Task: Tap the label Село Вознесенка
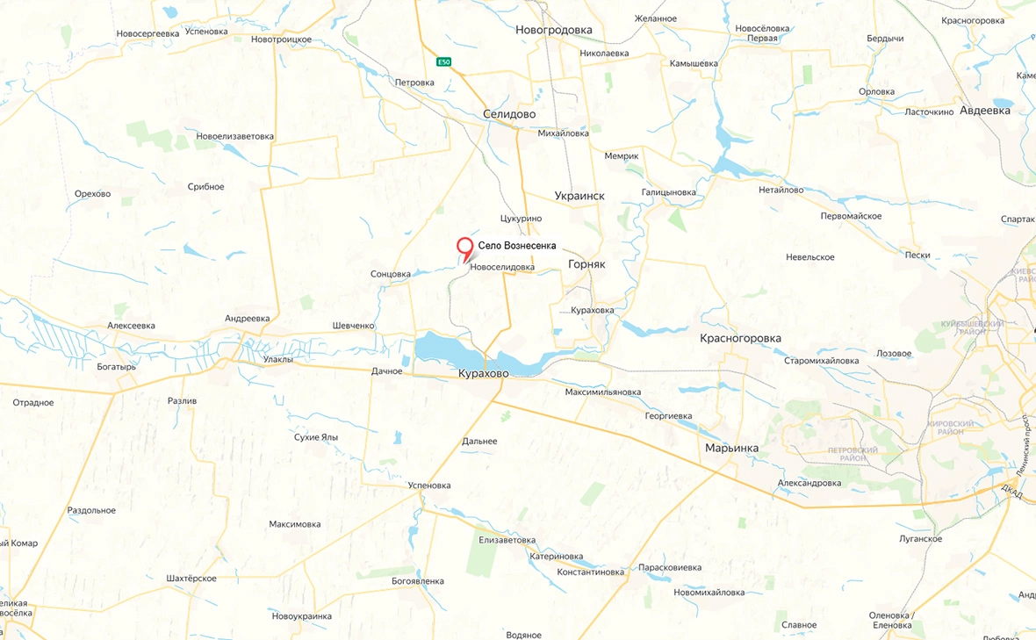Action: click(517, 246)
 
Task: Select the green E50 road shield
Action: click(444, 61)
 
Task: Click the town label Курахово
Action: click(483, 373)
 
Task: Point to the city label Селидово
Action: click(509, 114)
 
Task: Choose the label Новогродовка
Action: click(554, 30)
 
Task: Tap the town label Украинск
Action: click(579, 196)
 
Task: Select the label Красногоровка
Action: click(740, 338)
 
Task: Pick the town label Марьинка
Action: click(731, 448)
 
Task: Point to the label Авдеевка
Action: click(985, 111)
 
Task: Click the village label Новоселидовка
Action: click(502, 267)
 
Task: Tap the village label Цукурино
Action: click(521, 219)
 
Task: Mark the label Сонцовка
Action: click(391, 274)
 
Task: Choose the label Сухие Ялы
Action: click(316, 437)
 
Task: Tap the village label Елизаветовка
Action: click(507, 540)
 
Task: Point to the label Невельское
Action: click(810, 257)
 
